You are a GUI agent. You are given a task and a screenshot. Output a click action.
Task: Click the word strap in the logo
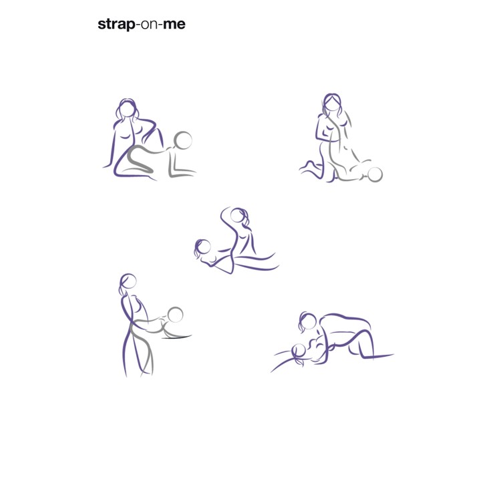point(116,24)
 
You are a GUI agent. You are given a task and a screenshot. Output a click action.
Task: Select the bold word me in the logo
point(174,24)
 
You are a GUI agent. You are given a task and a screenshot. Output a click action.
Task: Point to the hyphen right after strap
point(138,25)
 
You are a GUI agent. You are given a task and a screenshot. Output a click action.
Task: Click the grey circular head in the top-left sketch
point(183,140)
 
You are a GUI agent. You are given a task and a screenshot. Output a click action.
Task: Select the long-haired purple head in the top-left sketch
point(128,109)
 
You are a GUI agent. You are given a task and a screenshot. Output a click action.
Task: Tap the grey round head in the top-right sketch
point(375,174)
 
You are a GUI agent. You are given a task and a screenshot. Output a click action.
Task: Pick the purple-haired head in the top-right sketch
point(331,104)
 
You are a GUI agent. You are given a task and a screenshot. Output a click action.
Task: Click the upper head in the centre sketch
point(238,215)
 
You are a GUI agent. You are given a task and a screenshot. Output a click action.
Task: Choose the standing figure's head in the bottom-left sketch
point(128,281)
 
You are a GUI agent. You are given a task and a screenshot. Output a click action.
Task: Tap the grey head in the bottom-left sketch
point(176,315)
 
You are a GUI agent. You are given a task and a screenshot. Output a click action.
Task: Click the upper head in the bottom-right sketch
point(308,321)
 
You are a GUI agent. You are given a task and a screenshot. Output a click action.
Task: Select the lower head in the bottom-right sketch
point(298,351)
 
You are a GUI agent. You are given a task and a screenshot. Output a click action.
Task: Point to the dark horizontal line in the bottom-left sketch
point(176,337)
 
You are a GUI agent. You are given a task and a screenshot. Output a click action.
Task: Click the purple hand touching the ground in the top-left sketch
point(107,166)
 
